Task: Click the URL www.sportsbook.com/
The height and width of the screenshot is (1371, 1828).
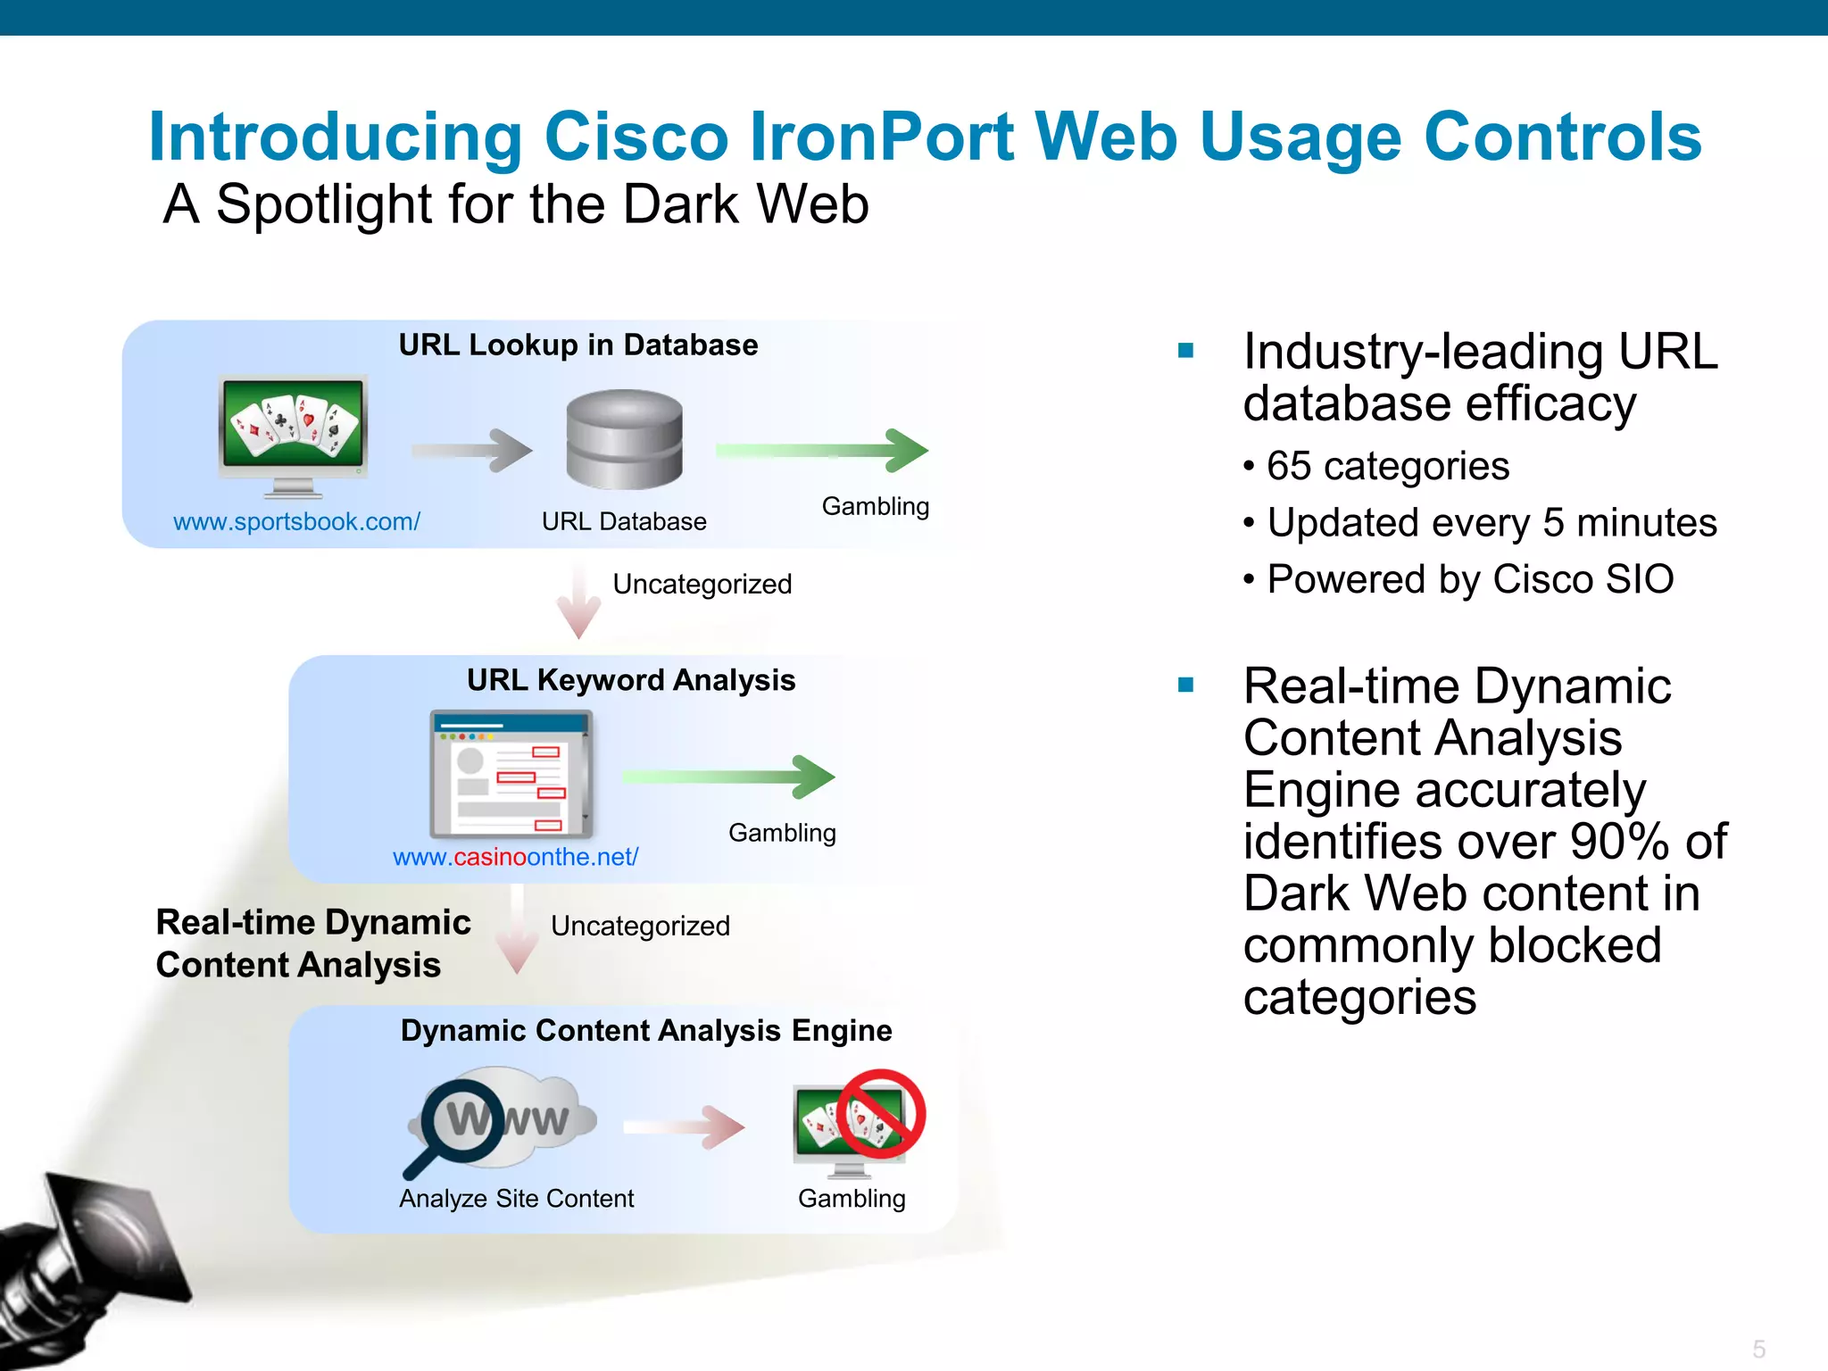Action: pos(296,521)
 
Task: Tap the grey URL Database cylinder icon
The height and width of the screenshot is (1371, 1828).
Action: pos(624,438)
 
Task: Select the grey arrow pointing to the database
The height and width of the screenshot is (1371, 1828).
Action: pos(472,450)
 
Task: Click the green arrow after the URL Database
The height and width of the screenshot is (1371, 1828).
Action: pos(822,450)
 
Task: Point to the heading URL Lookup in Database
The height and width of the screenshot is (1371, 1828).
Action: pos(577,345)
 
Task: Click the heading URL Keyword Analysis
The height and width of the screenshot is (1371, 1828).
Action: pos(630,680)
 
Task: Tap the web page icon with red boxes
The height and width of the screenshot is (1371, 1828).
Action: pos(511,773)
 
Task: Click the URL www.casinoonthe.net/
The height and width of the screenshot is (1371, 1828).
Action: pos(515,857)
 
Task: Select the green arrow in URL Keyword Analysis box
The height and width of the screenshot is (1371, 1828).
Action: pos(728,777)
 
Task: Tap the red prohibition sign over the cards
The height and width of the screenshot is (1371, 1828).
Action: pos(880,1114)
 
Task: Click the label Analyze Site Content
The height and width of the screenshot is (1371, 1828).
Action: pos(516,1199)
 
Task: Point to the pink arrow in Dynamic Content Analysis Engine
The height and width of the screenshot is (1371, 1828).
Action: pos(684,1127)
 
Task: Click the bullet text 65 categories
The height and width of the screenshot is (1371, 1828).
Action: pos(1387,466)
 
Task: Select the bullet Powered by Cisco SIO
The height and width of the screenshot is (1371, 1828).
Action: pos(1469,579)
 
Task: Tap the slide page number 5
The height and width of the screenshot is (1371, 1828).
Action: pos(1758,1349)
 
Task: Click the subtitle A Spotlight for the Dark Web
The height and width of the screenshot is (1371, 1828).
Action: pos(515,204)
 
